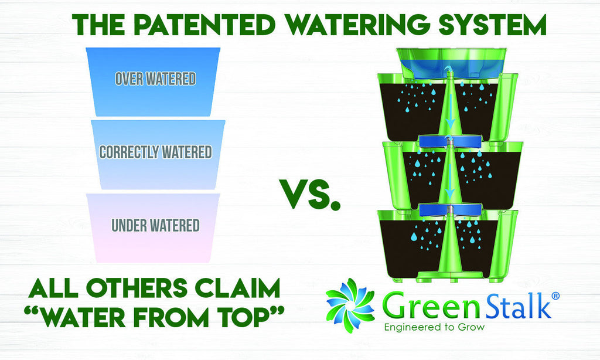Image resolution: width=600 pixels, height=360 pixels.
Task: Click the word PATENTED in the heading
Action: pos(205,25)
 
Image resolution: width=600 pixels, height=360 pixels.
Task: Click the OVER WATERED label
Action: pos(156,79)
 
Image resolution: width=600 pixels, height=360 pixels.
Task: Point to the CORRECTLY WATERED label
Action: pos(156,152)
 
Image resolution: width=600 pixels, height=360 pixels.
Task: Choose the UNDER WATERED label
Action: pos(156,225)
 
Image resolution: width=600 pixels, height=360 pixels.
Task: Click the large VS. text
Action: pos(311,195)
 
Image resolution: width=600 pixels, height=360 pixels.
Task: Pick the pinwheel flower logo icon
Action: pos(350,305)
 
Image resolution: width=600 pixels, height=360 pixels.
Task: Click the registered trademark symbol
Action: pos(556,296)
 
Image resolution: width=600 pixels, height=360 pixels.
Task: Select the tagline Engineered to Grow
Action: pos(434,327)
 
